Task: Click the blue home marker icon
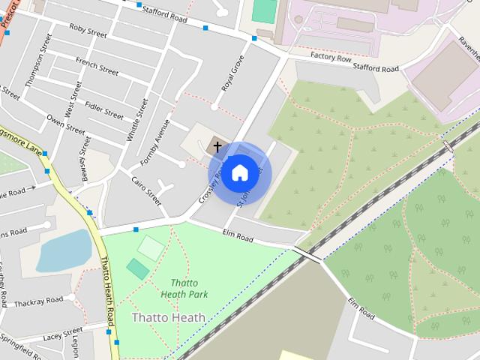pos(239,173)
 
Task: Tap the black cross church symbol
pos(217,146)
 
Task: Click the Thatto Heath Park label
pos(184,289)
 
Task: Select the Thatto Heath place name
pos(168,317)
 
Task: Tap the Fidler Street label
pos(104,109)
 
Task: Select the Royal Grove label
pos(233,73)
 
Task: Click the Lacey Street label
pos(63,334)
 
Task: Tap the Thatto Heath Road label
pos(109,296)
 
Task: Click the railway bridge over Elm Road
pos(307,253)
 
